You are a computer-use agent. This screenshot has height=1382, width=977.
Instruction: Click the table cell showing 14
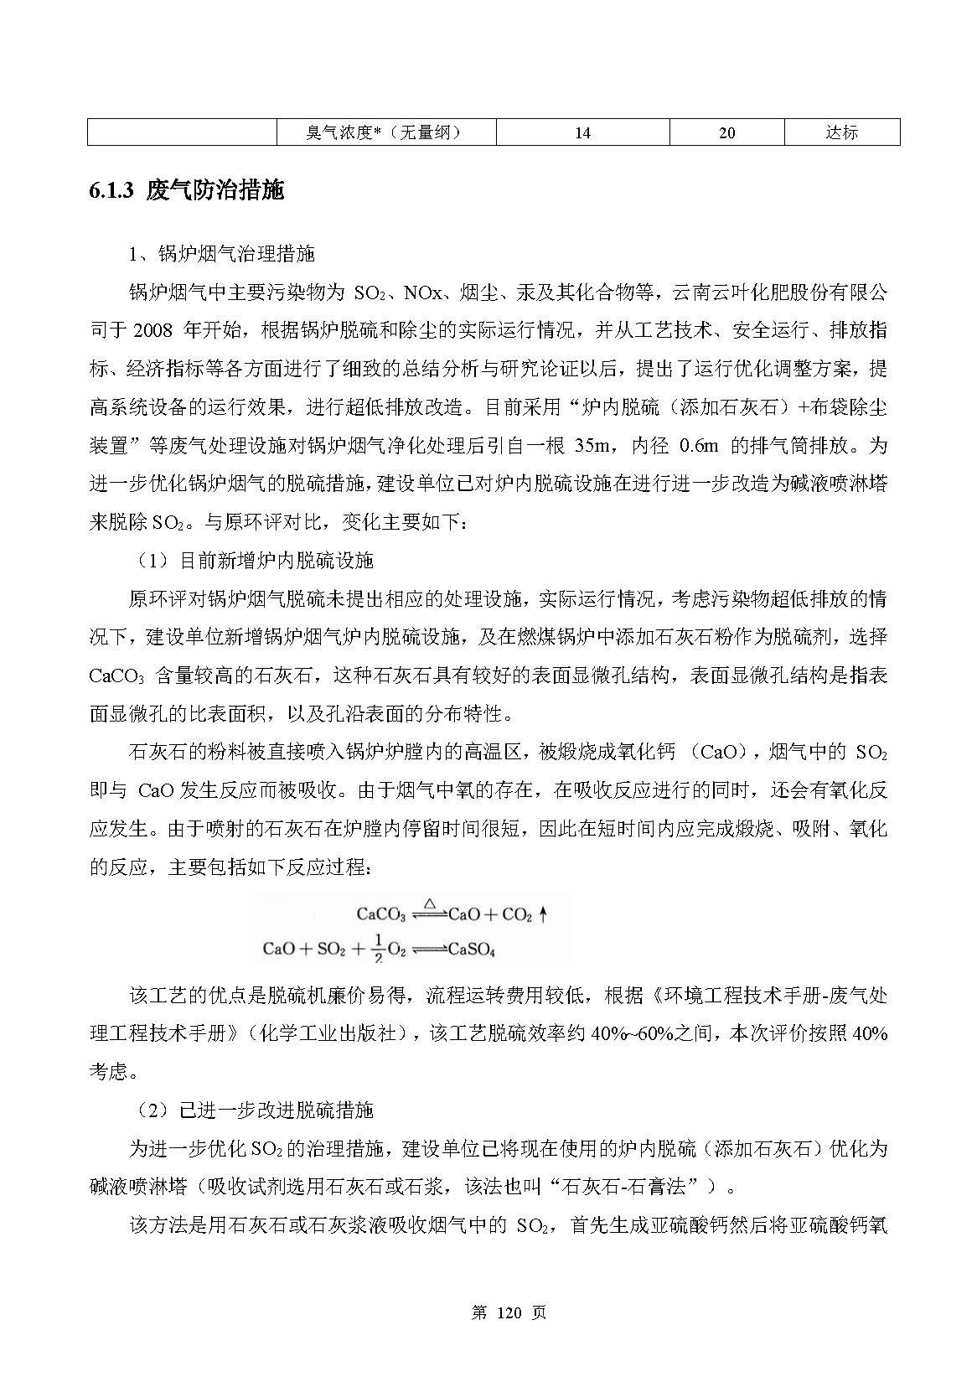point(582,132)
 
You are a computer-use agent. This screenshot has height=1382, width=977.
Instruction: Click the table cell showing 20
point(726,132)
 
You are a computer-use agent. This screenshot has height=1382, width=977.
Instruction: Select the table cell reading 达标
point(841,132)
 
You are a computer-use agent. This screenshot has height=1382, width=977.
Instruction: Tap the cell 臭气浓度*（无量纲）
point(385,132)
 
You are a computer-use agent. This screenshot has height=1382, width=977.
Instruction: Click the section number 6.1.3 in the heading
point(111,191)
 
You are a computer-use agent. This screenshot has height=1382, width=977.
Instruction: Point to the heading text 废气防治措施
point(215,191)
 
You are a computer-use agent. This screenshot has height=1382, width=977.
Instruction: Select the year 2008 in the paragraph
point(152,330)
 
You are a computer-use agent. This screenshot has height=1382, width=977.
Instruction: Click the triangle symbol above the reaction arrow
point(429,903)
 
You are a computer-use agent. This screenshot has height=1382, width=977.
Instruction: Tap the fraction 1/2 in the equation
point(379,948)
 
